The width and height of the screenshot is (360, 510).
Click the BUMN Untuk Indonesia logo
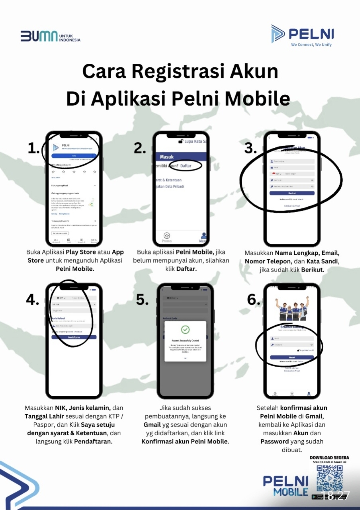pyautogui.click(x=50, y=36)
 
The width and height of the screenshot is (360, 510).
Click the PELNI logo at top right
pyautogui.click(x=302, y=34)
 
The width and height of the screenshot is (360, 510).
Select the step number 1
pyautogui.click(x=33, y=148)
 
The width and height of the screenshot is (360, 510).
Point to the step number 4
pyautogui.click(x=32, y=300)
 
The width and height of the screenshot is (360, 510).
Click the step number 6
pyautogui.click(x=253, y=300)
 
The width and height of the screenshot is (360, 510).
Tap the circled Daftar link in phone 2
pyautogui.click(x=186, y=166)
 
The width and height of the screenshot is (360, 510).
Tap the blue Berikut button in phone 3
pyautogui.click(x=292, y=193)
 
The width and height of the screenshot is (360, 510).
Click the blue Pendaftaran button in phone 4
pyautogui.click(x=74, y=337)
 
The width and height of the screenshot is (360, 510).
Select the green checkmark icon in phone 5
pyautogui.click(x=185, y=330)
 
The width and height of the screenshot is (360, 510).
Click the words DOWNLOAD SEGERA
pyautogui.click(x=329, y=458)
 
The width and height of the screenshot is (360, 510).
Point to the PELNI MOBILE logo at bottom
pyautogui.click(x=286, y=486)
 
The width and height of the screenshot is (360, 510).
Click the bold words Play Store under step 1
pyautogui.click(x=81, y=252)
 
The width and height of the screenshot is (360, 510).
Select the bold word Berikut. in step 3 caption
pyautogui.click(x=313, y=270)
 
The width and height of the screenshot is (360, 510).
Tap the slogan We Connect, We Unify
pyautogui.click(x=311, y=45)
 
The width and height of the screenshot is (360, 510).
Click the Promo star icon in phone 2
pyautogui.click(x=167, y=236)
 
